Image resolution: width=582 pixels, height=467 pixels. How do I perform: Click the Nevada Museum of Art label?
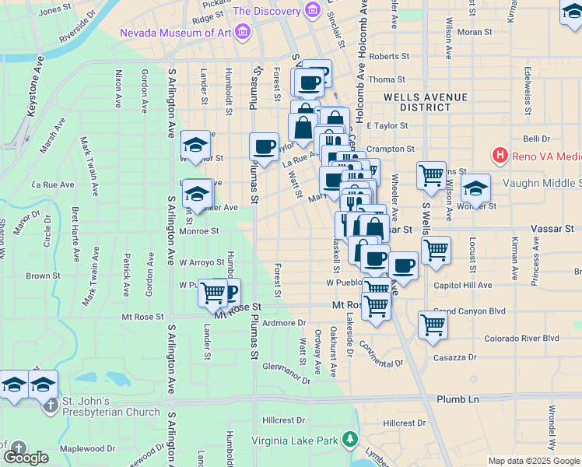coord(175,32)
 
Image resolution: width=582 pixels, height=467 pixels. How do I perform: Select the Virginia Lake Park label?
coord(294,441)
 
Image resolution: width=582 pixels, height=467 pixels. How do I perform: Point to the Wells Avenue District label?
coord(425,102)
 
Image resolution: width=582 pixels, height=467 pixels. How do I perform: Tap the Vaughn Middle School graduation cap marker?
coord(475,188)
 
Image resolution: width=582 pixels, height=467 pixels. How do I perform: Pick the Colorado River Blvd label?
coord(521,338)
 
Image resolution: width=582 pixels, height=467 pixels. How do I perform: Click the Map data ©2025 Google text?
coord(535,461)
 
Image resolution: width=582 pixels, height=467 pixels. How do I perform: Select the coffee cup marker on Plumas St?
coord(265,146)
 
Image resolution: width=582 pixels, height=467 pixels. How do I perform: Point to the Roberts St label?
coord(389,57)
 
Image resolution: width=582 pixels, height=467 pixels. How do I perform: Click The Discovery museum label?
coord(267,12)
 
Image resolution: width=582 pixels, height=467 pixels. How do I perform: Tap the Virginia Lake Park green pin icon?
coord(351,440)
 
